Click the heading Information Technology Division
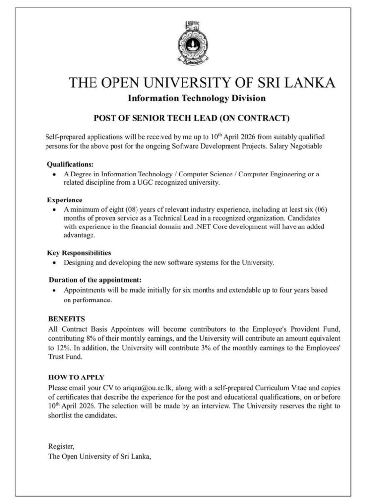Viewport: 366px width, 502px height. (196, 98)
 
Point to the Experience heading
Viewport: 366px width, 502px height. (65, 200)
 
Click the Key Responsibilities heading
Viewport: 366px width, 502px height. (79, 253)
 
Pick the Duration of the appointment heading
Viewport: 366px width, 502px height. (95, 280)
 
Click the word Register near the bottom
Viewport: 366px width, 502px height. (61, 446)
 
